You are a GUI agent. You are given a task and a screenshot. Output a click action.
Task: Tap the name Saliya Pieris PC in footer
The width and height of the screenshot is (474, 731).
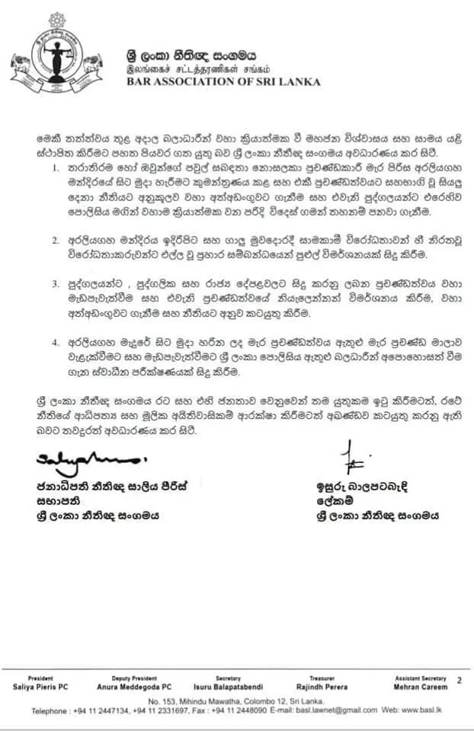click(40, 686)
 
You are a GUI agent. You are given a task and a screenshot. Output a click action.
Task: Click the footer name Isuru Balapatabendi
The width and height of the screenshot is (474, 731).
click(228, 686)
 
